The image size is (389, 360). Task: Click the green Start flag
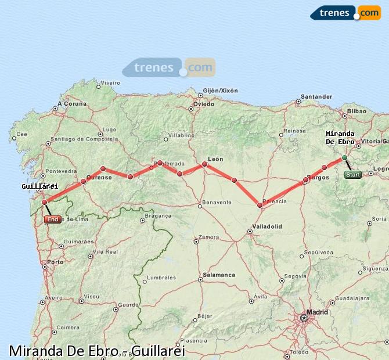point(352,174)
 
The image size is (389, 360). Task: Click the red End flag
point(52,219)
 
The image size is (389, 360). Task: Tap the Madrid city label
point(317,312)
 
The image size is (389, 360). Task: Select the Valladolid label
point(268,226)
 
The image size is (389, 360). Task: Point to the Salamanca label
point(219,275)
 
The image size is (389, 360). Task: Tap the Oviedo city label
point(204,104)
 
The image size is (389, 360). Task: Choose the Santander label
point(316,96)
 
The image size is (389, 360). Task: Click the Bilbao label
point(356,110)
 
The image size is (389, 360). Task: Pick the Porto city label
point(56,262)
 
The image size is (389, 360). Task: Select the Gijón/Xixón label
point(221,91)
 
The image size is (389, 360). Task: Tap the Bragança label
point(158,215)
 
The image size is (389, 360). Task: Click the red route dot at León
point(204,164)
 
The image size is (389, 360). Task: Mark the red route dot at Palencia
point(260,205)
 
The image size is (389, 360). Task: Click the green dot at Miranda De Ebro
point(344,157)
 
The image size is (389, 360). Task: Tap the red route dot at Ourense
point(83,182)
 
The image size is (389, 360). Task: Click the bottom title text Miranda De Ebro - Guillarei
point(97,351)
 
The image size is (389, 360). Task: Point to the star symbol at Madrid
point(304,318)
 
